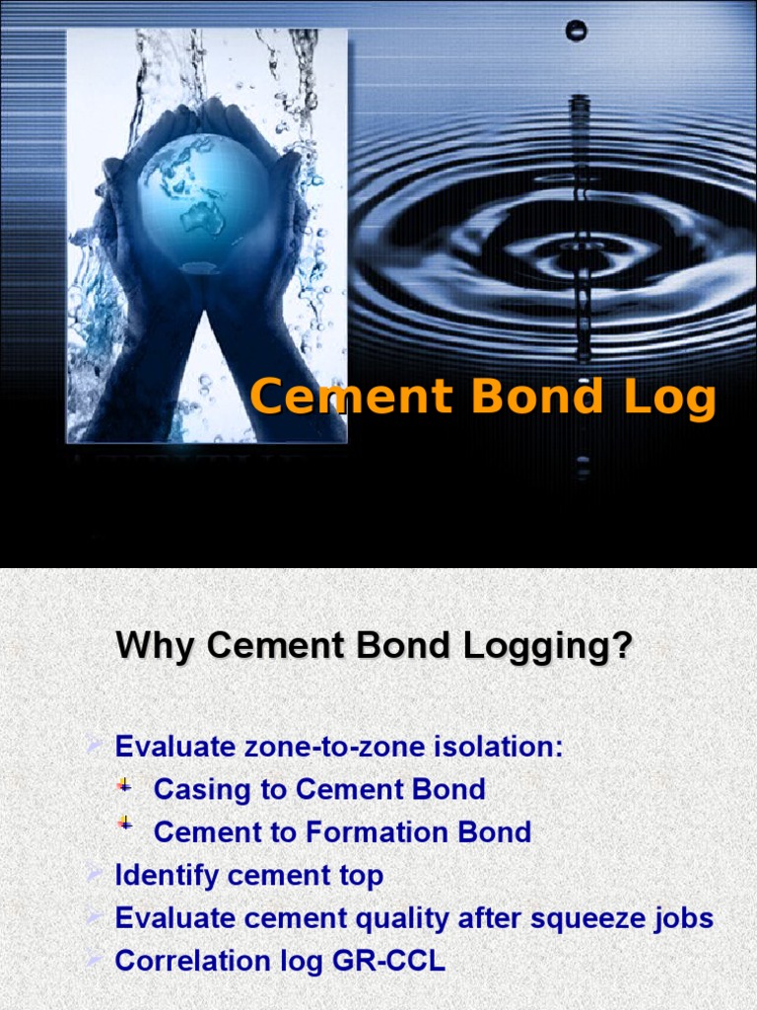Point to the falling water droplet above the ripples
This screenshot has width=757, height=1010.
point(576,32)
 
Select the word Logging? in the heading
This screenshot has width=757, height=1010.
point(557,649)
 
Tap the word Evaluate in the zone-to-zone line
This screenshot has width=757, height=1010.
point(173,747)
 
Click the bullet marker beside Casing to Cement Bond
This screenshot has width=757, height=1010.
point(124,786)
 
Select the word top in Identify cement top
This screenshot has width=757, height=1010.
point(363,876)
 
